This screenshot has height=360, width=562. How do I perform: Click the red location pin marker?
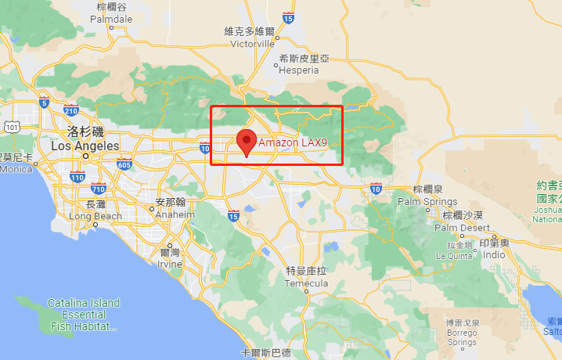pos(247,142)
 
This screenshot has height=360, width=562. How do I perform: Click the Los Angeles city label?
pos(85,146)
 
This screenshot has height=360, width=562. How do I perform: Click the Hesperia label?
pos(298,70)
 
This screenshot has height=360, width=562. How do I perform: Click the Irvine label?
pos(170,265)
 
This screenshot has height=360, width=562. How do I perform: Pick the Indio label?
pos(494,255)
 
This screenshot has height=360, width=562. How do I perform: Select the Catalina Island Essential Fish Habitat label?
pos(83,314)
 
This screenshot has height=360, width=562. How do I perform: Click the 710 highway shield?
pos(98,189)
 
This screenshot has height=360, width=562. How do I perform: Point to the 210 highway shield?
pos(70,110)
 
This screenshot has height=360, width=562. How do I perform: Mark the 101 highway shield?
pos(11,126)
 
